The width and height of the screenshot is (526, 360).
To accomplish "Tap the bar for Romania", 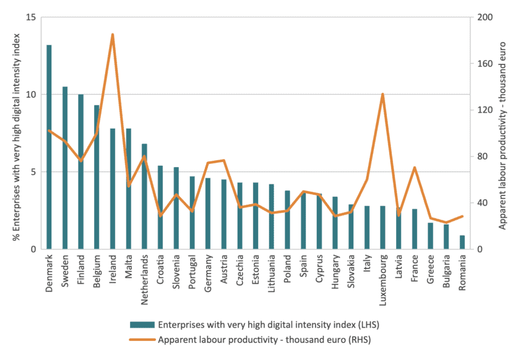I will pos(462,242).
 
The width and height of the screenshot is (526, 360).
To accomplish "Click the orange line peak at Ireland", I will pos(113,35).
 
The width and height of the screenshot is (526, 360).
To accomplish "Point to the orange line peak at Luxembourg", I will pos(382,94).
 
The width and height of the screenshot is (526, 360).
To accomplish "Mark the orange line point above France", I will pos(415,168).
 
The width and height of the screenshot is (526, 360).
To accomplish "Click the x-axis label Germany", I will pos(208,270).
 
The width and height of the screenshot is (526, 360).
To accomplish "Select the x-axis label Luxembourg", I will pos(382,277).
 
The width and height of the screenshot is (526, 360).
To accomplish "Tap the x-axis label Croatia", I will pos(160,268).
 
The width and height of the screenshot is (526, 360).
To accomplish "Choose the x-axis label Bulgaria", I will pos(446,269).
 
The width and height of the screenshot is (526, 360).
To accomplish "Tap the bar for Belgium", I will pos(97,177).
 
